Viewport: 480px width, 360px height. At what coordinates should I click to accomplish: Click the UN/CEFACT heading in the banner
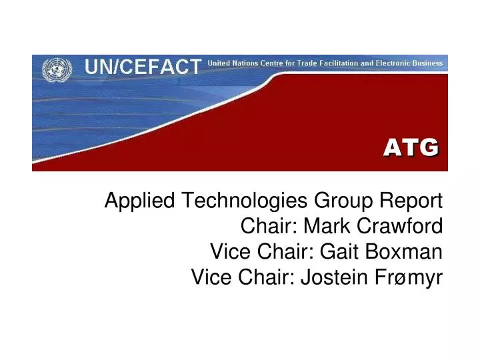142,67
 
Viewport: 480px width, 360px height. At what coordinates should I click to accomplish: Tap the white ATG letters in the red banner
411,147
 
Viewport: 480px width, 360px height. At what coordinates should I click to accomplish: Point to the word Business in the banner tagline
427,63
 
